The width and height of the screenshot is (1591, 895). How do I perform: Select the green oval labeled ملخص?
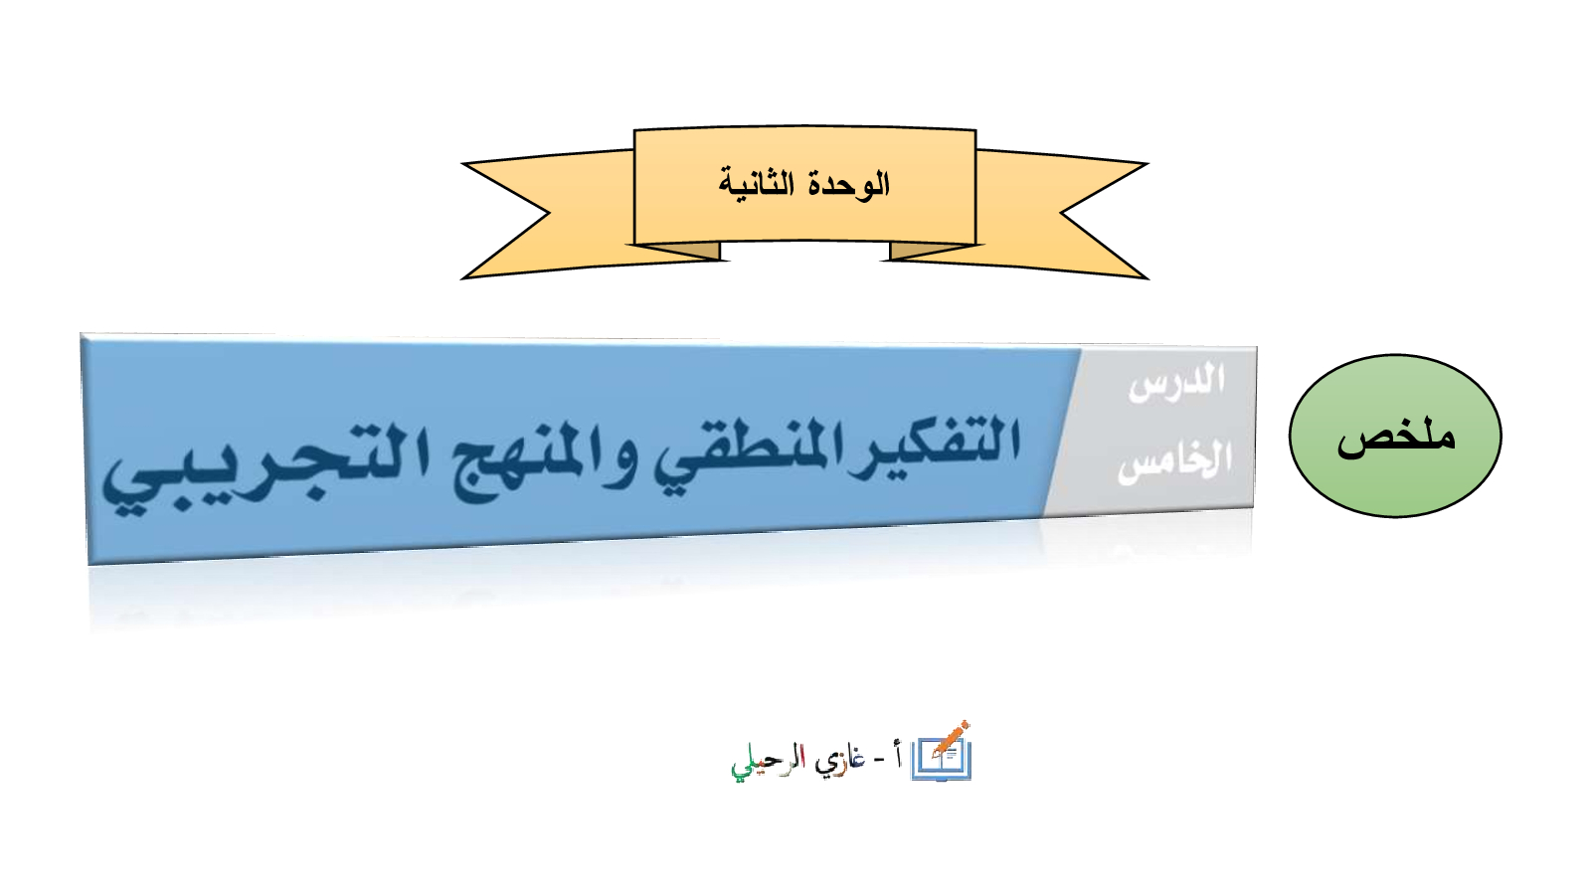[x=1395, y=436]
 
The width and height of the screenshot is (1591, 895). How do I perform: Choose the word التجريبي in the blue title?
[x=256, y=468]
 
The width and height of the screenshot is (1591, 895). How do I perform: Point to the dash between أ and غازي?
[x=879, y=762]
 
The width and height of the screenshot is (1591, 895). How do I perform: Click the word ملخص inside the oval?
[x=1396, y=438]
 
